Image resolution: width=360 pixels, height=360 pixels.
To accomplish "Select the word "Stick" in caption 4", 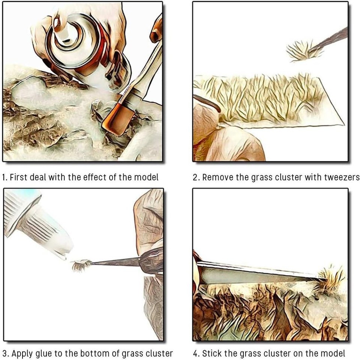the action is click(212, 353).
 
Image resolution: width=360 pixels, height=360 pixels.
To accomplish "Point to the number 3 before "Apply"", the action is click(5, 353).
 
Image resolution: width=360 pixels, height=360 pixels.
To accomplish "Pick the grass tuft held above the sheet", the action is click(301, 51).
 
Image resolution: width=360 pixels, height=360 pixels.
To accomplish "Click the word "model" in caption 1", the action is click(146, 177).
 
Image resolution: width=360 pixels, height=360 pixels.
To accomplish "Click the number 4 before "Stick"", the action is click(195, 353).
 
